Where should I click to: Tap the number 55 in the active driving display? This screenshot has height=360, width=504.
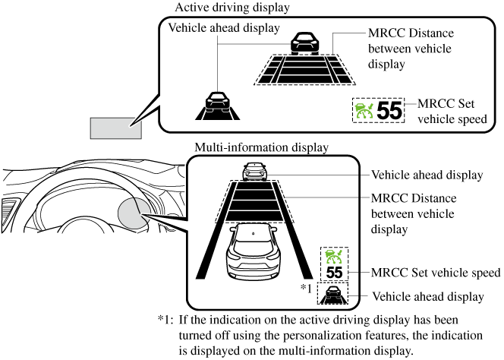389,111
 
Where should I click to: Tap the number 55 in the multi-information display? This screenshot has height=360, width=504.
334,272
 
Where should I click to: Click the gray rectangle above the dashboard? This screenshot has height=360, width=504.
116,127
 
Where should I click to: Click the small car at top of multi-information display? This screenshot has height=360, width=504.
252,171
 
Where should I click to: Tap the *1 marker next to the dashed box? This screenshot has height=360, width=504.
307,288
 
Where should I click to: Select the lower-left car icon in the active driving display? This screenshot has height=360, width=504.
218,104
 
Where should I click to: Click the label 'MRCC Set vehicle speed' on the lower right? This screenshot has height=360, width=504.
434,272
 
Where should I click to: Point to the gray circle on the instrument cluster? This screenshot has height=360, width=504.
135,213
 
